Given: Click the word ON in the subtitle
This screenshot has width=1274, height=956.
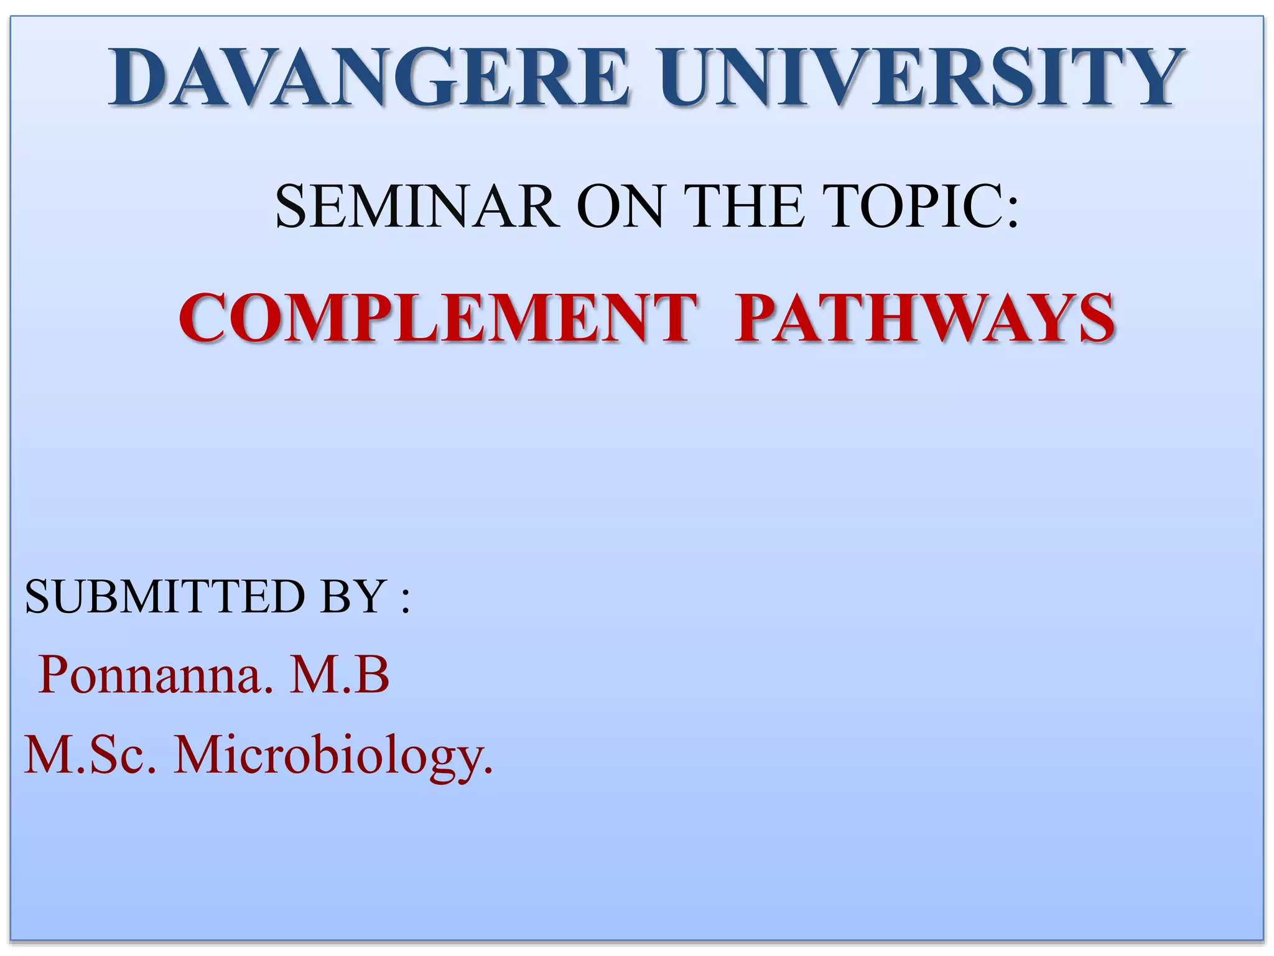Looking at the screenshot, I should click(620, 207).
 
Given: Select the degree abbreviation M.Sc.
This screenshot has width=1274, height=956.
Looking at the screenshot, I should click(90, 755).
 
